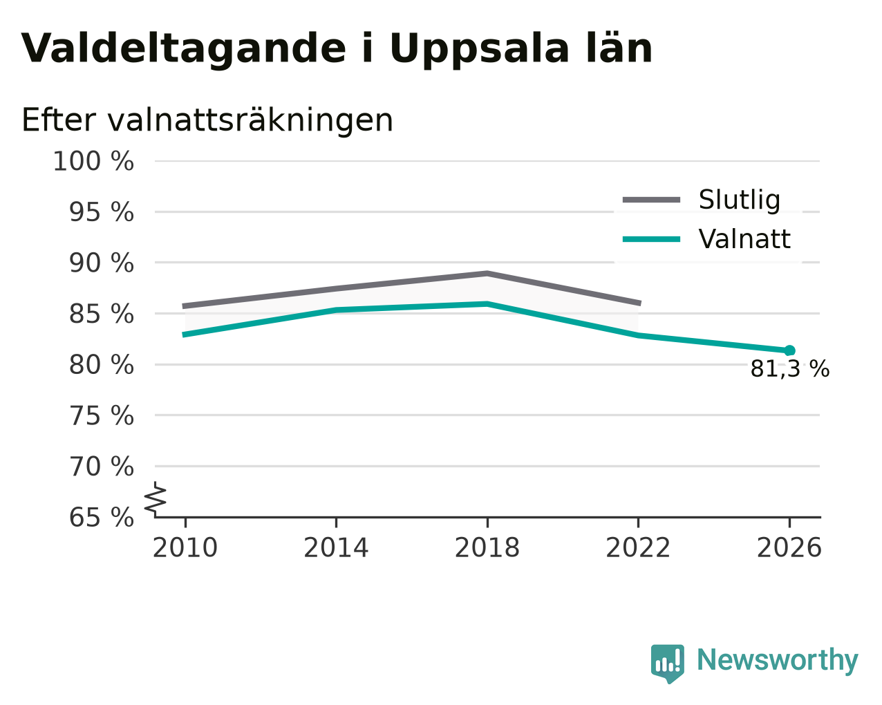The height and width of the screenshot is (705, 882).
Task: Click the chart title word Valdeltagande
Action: (183, 49)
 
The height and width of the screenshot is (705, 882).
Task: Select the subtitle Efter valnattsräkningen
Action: (207, 120)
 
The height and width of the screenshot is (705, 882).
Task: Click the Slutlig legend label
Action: (739, 200)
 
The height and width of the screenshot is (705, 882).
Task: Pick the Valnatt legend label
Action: (744, 239)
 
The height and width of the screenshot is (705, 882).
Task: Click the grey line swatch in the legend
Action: (651, 200)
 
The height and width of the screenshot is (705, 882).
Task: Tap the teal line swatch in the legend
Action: (651, 239)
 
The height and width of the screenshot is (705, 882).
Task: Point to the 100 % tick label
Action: (93, 161)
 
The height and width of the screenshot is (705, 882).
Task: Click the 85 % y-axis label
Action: (101, 314)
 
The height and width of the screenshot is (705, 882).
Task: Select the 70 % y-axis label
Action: (101, 467)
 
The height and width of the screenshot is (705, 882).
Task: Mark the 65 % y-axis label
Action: (101, 517)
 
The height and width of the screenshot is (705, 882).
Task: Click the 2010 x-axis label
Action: (185, 548)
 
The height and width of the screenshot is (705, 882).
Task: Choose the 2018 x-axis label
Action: (487, 548)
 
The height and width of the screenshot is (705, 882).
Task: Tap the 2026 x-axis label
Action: (789, 548)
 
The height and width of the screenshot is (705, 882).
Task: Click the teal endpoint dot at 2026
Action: (789, 350)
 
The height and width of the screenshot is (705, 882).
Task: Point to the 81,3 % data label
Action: (790, 369)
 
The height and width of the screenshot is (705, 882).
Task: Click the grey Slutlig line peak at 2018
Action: (487, 274)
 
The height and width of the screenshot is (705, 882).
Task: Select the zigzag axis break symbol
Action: (156, 500)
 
